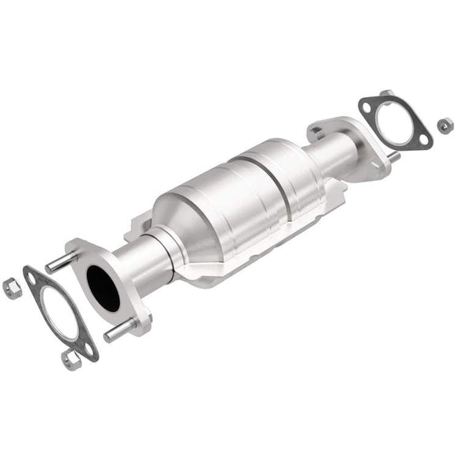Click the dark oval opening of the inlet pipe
tap(103, 288)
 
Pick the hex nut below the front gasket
tap(70, 360)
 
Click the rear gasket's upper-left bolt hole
tap(367, 105)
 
